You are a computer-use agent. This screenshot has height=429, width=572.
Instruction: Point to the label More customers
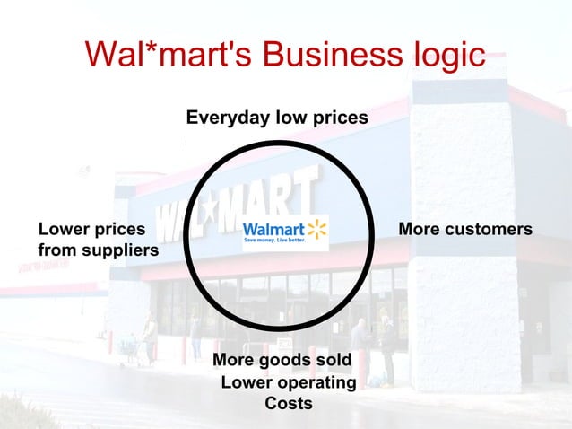click(x=465, y=230)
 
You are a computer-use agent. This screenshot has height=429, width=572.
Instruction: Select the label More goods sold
click(x=288, y=361)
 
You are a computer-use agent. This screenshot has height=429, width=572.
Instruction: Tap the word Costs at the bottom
click(x=289, y=404)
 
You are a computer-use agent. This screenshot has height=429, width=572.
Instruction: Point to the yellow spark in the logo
click(x=317, y=228)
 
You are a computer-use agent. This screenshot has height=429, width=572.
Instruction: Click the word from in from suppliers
click(x=56, y=250)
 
